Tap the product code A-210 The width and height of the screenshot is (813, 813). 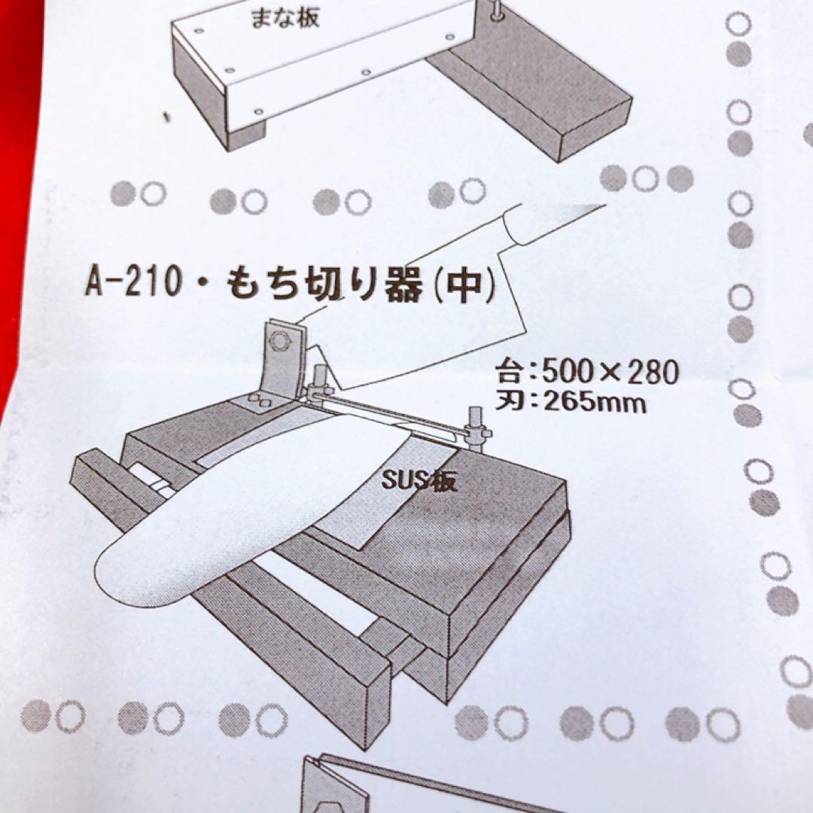click(130, 285)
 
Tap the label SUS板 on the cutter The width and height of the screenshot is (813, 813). click(419, 480)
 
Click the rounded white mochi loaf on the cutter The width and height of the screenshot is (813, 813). click(226, 519)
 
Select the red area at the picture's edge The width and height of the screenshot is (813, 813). click(19, 188)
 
